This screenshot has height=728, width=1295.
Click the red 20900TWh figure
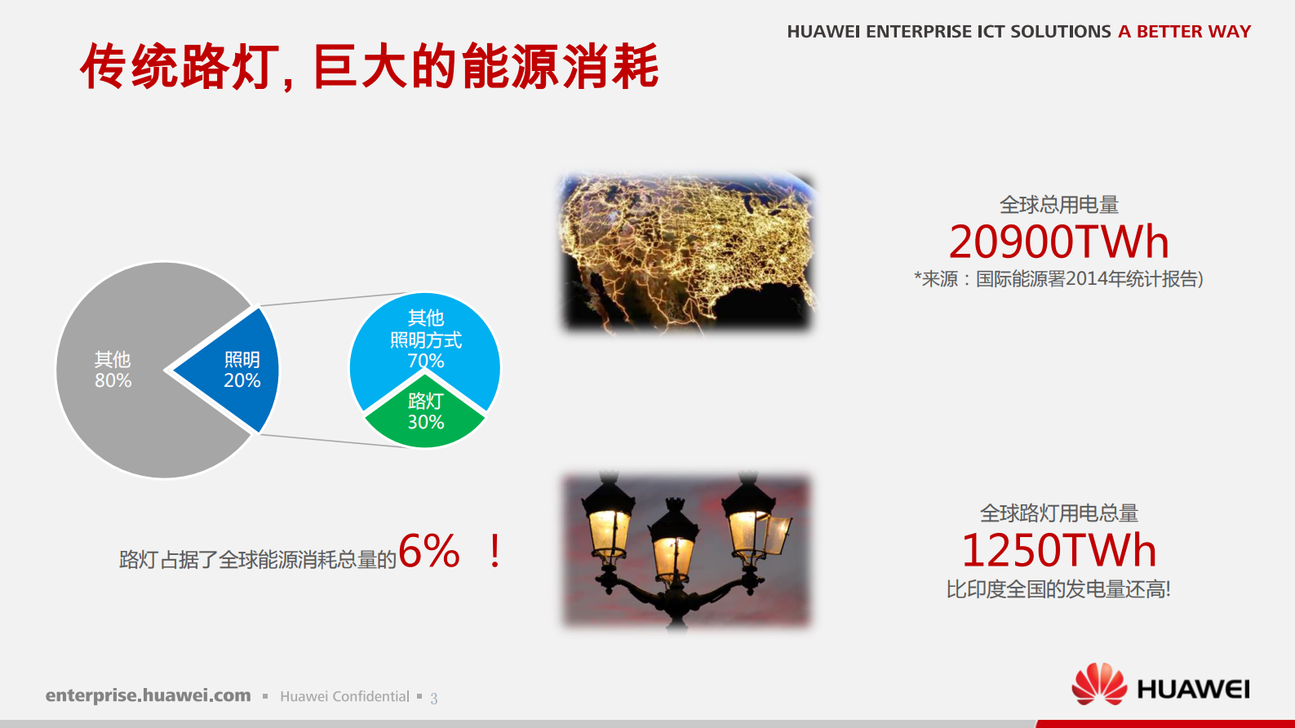point(1058,242)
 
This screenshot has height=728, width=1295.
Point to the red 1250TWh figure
point(1058,551)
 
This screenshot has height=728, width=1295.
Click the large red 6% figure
point(429,551)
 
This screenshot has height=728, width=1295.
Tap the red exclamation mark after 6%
point(494,551)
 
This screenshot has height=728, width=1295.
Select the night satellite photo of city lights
point(686,252)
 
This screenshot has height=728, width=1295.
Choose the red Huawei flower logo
point(1098,684)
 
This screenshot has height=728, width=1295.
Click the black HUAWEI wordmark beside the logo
point(1193,690)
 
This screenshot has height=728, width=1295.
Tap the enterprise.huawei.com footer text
point(148,695)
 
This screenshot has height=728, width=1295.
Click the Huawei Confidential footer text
point(344,696)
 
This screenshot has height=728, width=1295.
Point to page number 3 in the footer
point(434,698)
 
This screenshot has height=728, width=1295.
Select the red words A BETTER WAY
point(1184,32)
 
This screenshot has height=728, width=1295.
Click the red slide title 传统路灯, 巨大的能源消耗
point(369,67)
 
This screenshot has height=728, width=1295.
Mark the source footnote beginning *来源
point(1058,279)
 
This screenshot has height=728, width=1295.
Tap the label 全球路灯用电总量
point(1058,513)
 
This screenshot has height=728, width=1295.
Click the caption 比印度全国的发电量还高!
point(1058,589)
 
